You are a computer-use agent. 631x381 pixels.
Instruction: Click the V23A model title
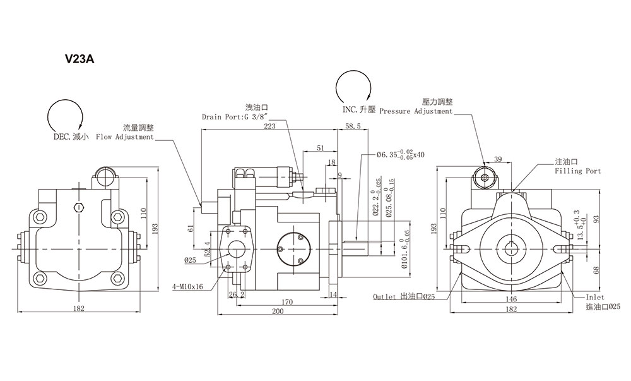[80, 59]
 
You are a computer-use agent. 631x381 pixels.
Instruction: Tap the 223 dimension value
[269, 126]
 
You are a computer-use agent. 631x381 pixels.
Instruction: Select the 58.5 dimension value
[353, 126]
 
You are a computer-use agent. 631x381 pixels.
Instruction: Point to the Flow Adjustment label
[125, 137]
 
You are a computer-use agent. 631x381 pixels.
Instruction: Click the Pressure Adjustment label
[416, 111]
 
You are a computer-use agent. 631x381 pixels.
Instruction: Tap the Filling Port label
[578, 171]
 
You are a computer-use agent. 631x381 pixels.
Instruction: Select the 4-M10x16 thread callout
[187, 287]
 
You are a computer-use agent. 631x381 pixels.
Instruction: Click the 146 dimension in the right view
[510, 299]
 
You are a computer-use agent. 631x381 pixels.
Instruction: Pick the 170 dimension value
[287, 301]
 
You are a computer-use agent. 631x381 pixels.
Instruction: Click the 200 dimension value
[278, 311]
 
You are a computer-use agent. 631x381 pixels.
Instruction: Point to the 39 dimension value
[498, 159]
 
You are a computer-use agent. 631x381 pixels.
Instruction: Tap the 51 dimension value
[320, 148]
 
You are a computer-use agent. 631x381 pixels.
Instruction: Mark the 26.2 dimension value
[237, 294]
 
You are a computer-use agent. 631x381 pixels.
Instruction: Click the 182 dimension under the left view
[80, 308]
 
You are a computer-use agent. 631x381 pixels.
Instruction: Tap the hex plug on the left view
[79, 207]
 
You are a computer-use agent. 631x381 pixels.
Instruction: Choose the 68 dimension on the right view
[597, 269]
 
